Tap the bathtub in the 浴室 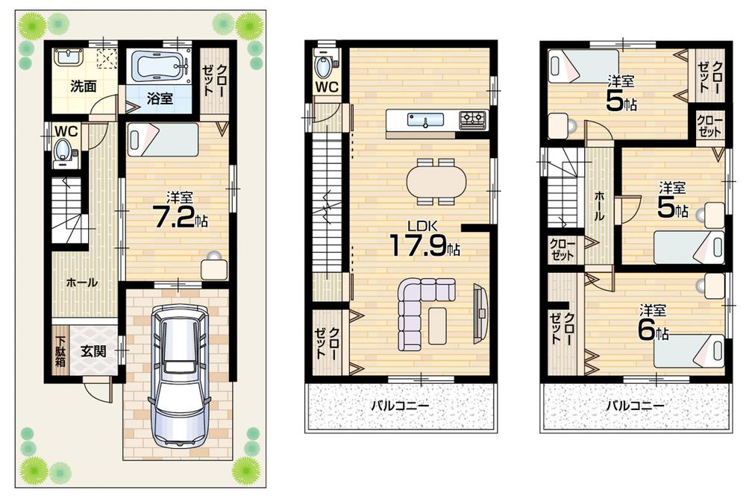[x=158, y=67]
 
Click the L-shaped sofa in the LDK [x=418, y=313]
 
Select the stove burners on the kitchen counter [x=472, y=118]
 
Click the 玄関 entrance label [x=93, y=350]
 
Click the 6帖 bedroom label [x=651, y=323]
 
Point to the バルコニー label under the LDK [x=400, y=407]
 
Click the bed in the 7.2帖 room [x=162, y=139]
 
